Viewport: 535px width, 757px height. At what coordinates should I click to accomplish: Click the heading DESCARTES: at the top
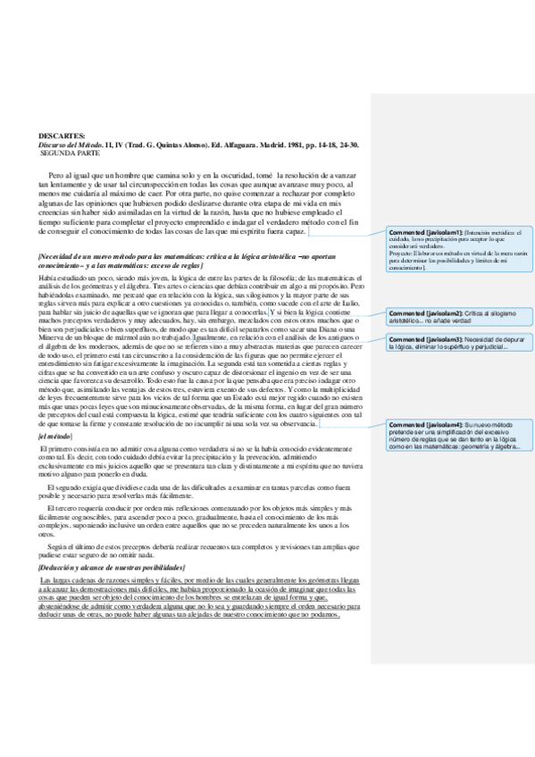coord(62,134)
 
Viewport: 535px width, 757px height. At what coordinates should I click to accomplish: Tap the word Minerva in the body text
coord(53,337)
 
